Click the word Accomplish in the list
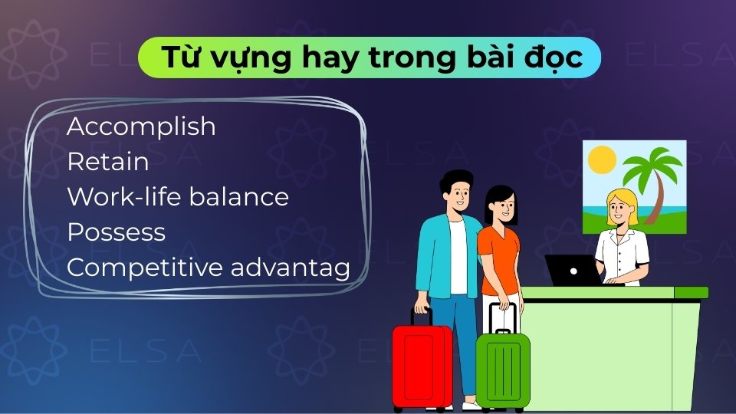tap(141, 127)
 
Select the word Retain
tap(107, 162)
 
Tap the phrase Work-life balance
tap(178, 197)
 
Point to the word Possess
tap(116, 232)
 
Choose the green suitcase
tap(503, 371)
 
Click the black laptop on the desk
tap(573, 269)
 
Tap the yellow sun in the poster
tap(602, 159)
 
